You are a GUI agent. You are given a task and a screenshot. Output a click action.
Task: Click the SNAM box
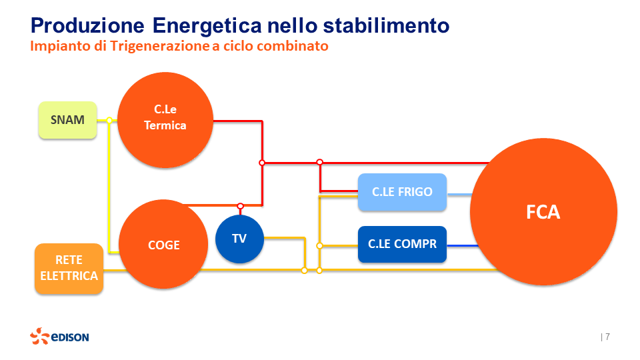coord(67,120)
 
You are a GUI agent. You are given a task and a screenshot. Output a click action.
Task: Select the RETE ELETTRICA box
coord(69,269)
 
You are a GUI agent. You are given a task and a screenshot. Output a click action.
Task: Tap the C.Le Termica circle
coord(165,118)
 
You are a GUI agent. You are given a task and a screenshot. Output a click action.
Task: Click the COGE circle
coord(164,245)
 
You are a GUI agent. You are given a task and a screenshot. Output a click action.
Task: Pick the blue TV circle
coord(239,238)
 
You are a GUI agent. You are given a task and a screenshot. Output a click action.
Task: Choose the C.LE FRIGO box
coord(402,192)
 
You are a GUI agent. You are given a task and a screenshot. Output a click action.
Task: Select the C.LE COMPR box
coord(402,244)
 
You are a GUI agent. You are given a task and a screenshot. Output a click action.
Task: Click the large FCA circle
coord(543,212)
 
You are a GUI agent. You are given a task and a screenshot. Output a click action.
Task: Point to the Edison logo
coord(59,337)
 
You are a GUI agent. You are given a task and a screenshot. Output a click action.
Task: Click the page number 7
coord(607,337)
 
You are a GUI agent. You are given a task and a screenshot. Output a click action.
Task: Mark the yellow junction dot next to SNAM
coord(109,121)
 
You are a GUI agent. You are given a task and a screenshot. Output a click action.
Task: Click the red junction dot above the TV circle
coord(240,206)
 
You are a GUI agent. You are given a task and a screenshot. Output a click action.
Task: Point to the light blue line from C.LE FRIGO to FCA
coord(459,195)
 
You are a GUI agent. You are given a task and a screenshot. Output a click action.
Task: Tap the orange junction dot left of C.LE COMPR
coord(319,245)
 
